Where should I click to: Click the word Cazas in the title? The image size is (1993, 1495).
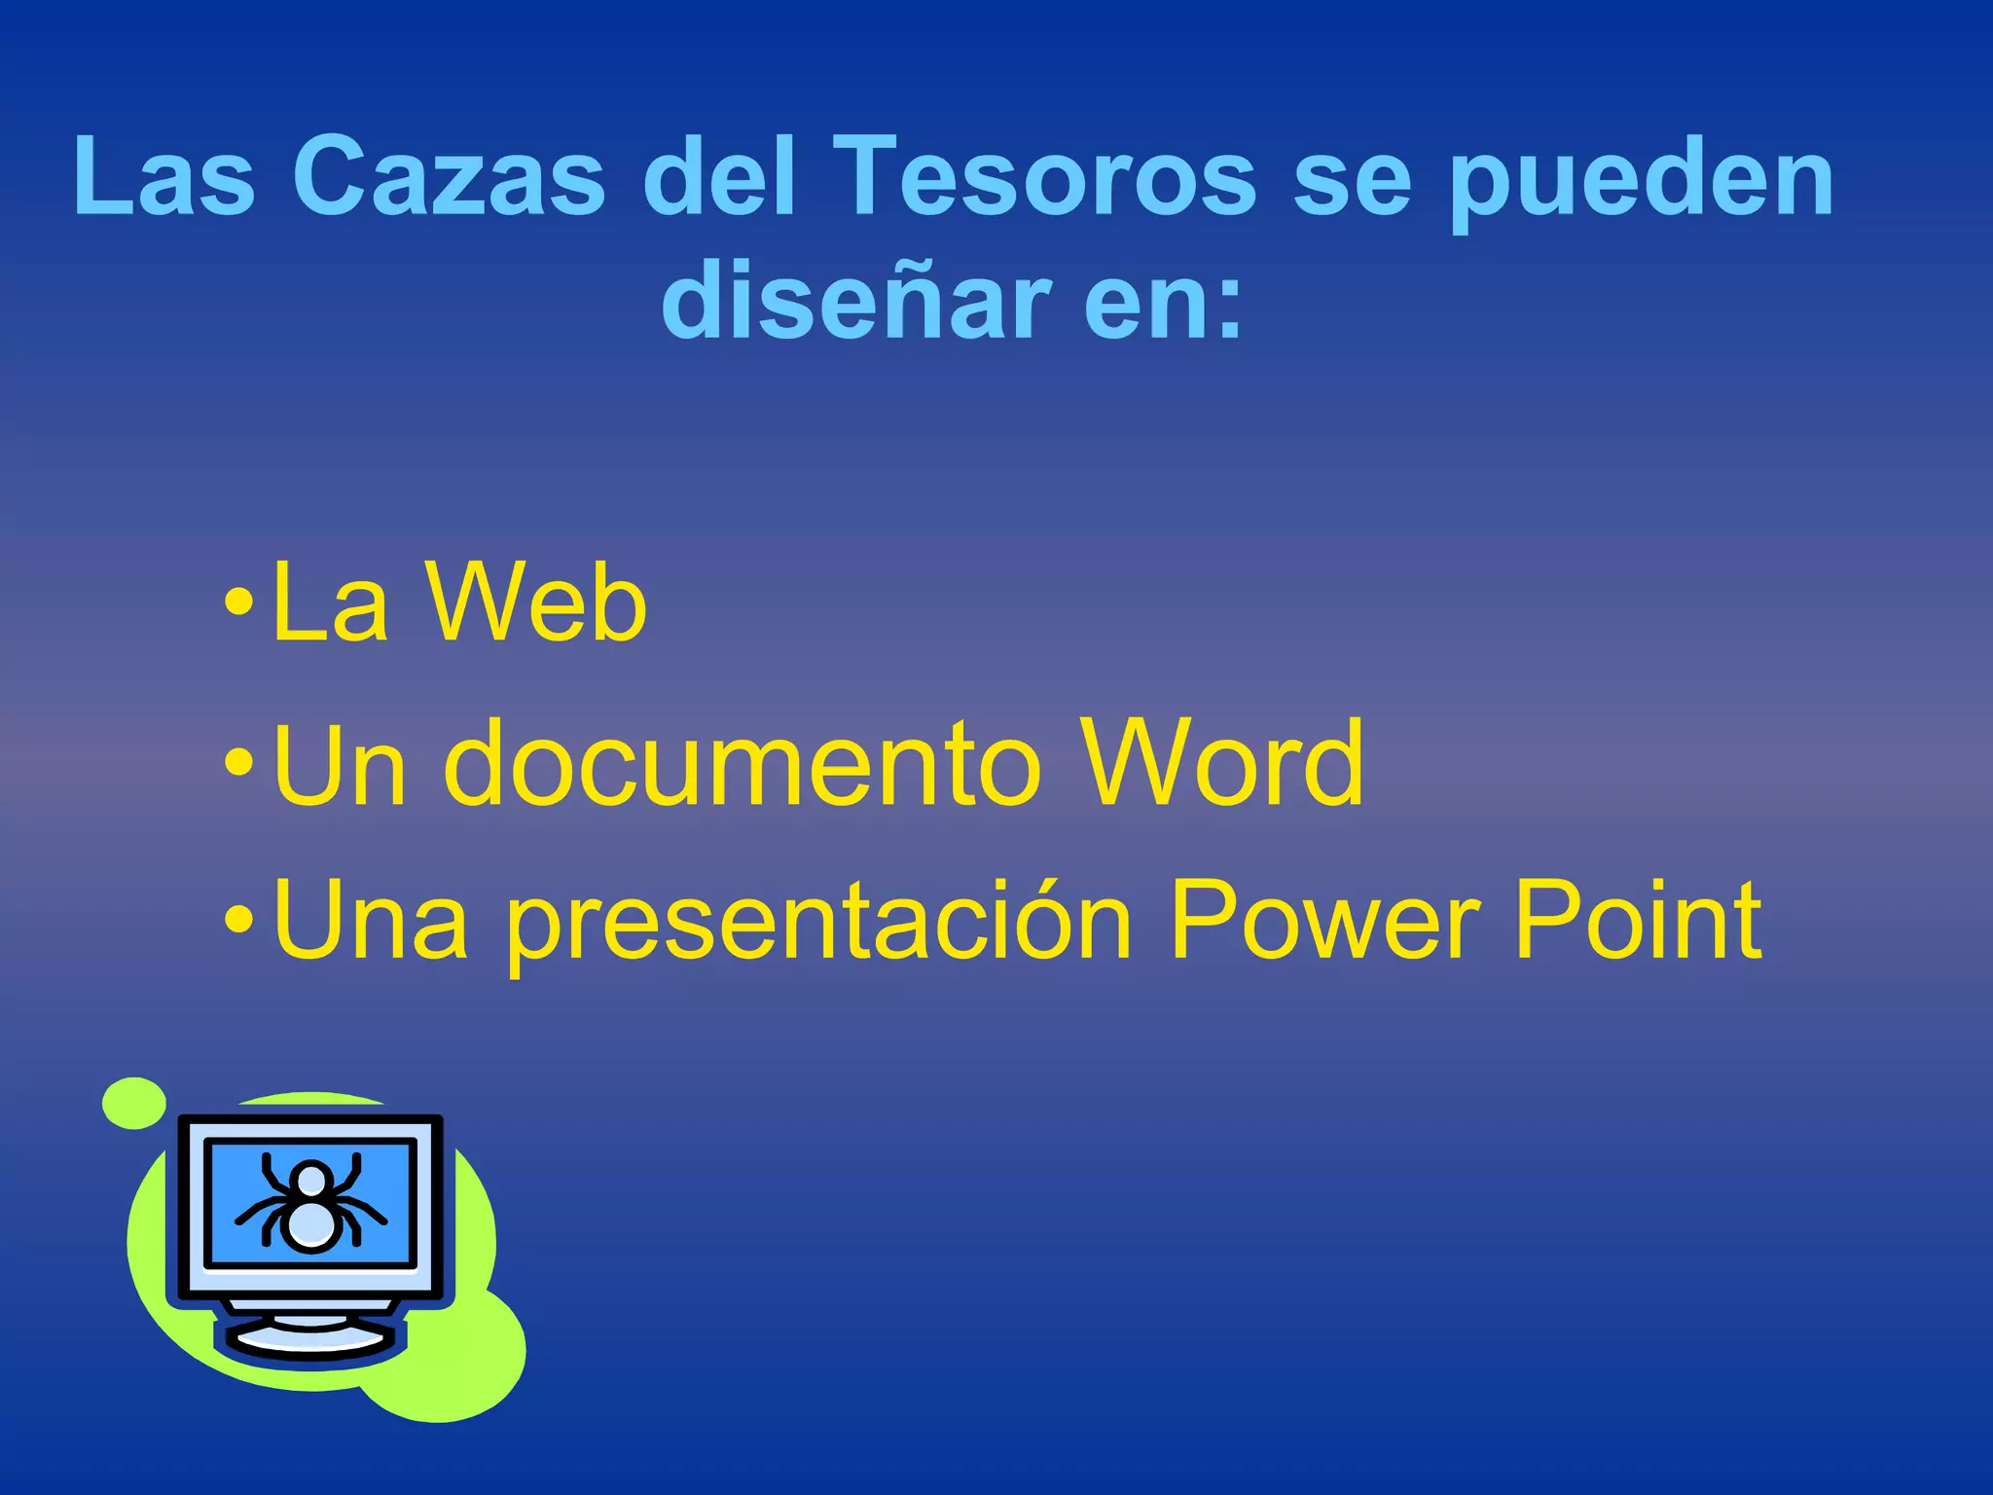pyautogui.click(x=449, y=176)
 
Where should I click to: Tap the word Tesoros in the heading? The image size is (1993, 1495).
pyautogui.click(x=1043, y=176)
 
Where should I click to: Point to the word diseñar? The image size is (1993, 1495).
pyautogui.click(x=856, y=302)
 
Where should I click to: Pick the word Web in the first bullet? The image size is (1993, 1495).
pyautogui.click(x=536, y=603)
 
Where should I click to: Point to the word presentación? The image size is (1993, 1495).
pyautogui.click(x=819, y=921)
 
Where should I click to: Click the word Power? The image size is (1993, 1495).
pyautogui.click(x=1324, y=919)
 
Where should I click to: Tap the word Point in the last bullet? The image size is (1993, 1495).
pyautogui.click(x=1638, y=919)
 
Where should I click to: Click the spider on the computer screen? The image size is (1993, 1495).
pyautogui.click(x=310, y=1204)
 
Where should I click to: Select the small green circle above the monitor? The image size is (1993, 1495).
pyautogui.click(x=134, y=1103)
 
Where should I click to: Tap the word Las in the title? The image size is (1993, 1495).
pyautogui.click(x=164, y=176)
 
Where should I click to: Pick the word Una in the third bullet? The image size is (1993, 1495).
pyautogui.click(x=371, y=919)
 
